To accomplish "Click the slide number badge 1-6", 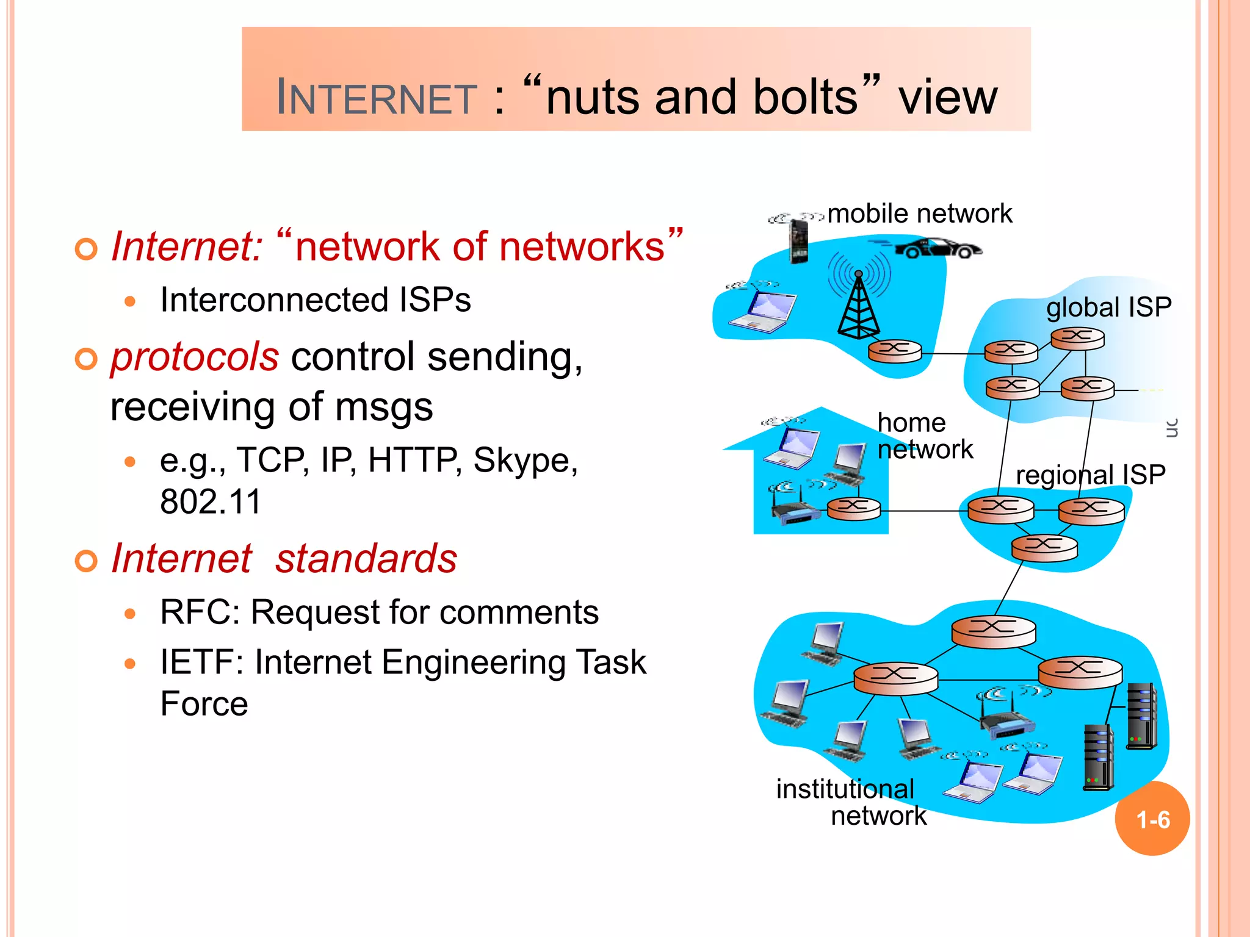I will (1152, 819).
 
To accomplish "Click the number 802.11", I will (211, 501).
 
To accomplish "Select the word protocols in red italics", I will (195, 357).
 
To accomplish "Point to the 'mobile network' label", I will (919, 214).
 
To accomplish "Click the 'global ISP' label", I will (1108, 307).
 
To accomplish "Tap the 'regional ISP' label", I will (1090, 475).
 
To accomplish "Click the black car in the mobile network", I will (938, 248).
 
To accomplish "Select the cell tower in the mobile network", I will (859, 305).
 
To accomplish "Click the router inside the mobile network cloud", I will (895, 351).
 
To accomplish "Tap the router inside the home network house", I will (854, 508).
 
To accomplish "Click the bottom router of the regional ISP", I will (1044, 547).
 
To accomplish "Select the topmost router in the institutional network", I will (993, 630).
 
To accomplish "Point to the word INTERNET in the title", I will (376, 98).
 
